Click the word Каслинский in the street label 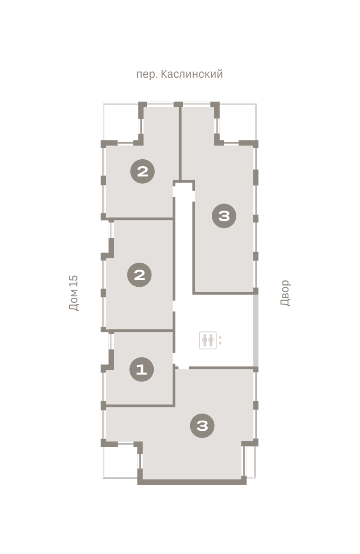[192, 74]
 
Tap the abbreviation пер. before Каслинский [147, 75]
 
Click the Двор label [285, 293]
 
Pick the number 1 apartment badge [142, 369]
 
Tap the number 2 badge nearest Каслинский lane [143, 171]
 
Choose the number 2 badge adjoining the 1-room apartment [139, 275]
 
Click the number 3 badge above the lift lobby [224, 216]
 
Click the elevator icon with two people [208, 340]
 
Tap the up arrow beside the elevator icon [220, 337]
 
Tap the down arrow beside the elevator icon [220, 343]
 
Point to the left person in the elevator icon [205, 340]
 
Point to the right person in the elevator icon [211, 340]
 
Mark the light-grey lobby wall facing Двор [256, 331]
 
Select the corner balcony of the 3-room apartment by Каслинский [238, 122]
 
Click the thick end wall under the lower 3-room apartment [192, 482]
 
